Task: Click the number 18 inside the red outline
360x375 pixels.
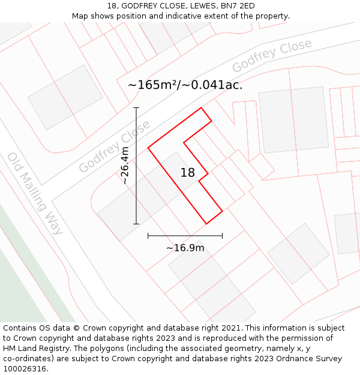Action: click(x=188, y=173)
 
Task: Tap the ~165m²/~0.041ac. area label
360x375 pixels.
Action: click(x=185, y=85)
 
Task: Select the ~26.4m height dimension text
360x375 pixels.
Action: click(x=125, y=165)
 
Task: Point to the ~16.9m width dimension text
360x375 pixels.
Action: click(x=185, y=248)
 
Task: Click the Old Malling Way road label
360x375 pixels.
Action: click(x=35, y=193)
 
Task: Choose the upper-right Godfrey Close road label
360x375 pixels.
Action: click(x=272, y=55)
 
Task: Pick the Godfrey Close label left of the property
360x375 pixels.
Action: click(x=115, y=147)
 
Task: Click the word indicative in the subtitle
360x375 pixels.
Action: click(x=176, y=16)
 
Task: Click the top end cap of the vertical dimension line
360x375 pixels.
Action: click(x=136, y=108)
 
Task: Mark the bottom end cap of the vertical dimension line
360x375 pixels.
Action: click(x=136, y=224)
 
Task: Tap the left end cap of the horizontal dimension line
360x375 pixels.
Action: click(x=148, y=236)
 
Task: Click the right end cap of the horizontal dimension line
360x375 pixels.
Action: click(x=222, y=236)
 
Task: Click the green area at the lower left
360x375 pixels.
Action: click(x=24, y=276)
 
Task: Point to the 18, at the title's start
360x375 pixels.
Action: click(x=112, y=6)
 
